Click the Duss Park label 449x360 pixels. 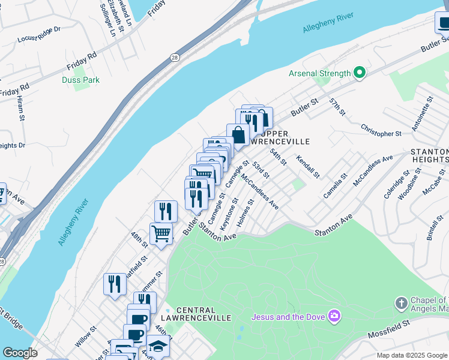[x=80, y=80]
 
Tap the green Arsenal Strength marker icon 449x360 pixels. [x=360, y=73]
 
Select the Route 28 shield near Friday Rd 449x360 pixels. [x=173, y=56]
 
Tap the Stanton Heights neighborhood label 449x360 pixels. [x=430, y=156]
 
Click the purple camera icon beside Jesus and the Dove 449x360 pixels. [x=335, y=316]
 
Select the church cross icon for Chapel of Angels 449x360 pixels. [x=402, y=304]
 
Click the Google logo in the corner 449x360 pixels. [x=20, y=353]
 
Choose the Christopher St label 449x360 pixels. [x=381, y=130]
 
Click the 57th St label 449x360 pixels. [x=337, y=108]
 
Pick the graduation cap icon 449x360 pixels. [x=158, y=346]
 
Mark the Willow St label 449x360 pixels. [x=86, y=338]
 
